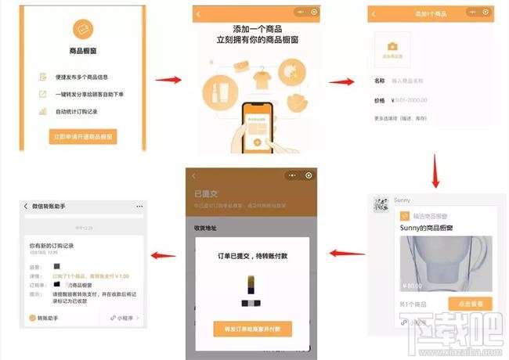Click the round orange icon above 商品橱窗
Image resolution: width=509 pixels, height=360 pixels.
pyautogui.click(x=83, y=29)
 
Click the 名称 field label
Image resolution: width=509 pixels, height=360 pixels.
pyautogui.click(x=380, y=81)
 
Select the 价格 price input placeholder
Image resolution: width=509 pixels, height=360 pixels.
pyautogui.click(x=416, y=100)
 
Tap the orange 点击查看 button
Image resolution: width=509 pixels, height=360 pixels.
pyautogui.click(x=470, y=304)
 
